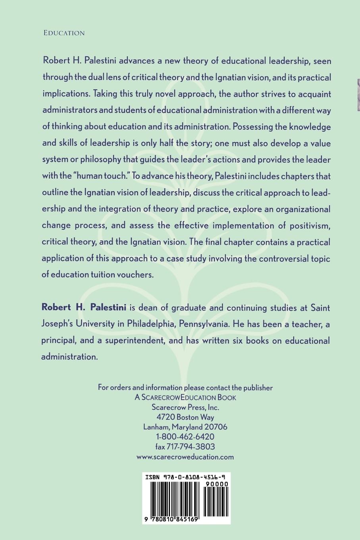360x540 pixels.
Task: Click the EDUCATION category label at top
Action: [64, 33]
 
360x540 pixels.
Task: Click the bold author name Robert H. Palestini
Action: [84, 307]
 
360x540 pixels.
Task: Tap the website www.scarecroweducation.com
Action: [185, 457]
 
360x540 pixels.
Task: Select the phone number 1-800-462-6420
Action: [185, 437]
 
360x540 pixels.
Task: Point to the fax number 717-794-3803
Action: [185, 447]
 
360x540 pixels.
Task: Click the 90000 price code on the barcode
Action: [216, 484]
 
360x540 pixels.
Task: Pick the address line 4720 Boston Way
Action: [185, 417]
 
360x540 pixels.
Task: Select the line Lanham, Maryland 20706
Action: [185, 427]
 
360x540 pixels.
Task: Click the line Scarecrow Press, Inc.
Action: [185, 407]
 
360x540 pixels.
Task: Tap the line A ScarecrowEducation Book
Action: [185, 397]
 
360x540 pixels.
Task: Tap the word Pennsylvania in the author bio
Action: [204, 324]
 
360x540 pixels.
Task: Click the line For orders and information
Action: [185, 388]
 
